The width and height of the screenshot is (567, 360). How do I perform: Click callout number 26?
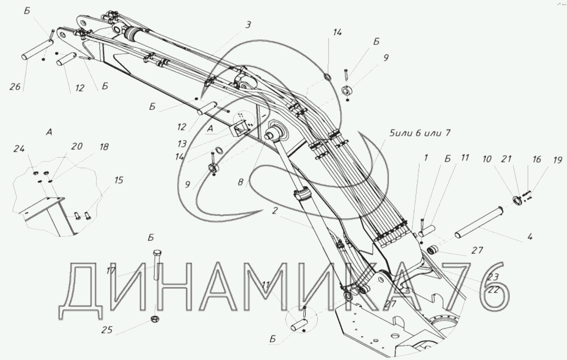tap(15, 87)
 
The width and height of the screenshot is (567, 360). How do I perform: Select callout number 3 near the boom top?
tap(248, 25)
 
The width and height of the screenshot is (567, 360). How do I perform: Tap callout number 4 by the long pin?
tap(530, 236)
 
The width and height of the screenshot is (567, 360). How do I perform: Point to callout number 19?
tap(557, 159)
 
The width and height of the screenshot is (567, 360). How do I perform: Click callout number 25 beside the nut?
tap(107, 330)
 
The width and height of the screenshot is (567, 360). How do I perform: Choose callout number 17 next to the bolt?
tap(111, 271)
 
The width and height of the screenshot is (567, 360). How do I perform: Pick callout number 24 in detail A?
tap(19, 148)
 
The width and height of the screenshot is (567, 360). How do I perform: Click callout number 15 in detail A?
tap(119, 180)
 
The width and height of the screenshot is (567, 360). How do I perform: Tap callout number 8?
tap(241, 182)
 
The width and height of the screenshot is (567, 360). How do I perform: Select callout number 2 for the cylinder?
tap(274, 211)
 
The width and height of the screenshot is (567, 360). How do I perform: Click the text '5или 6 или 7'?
tap(420, 133)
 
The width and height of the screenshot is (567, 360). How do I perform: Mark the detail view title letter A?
tap(49, 132)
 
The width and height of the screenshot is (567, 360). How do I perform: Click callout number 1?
tap(426, 158)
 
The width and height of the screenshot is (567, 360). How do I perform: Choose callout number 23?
tap(493, 276)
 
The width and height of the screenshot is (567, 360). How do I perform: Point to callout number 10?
tap(487, 159)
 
